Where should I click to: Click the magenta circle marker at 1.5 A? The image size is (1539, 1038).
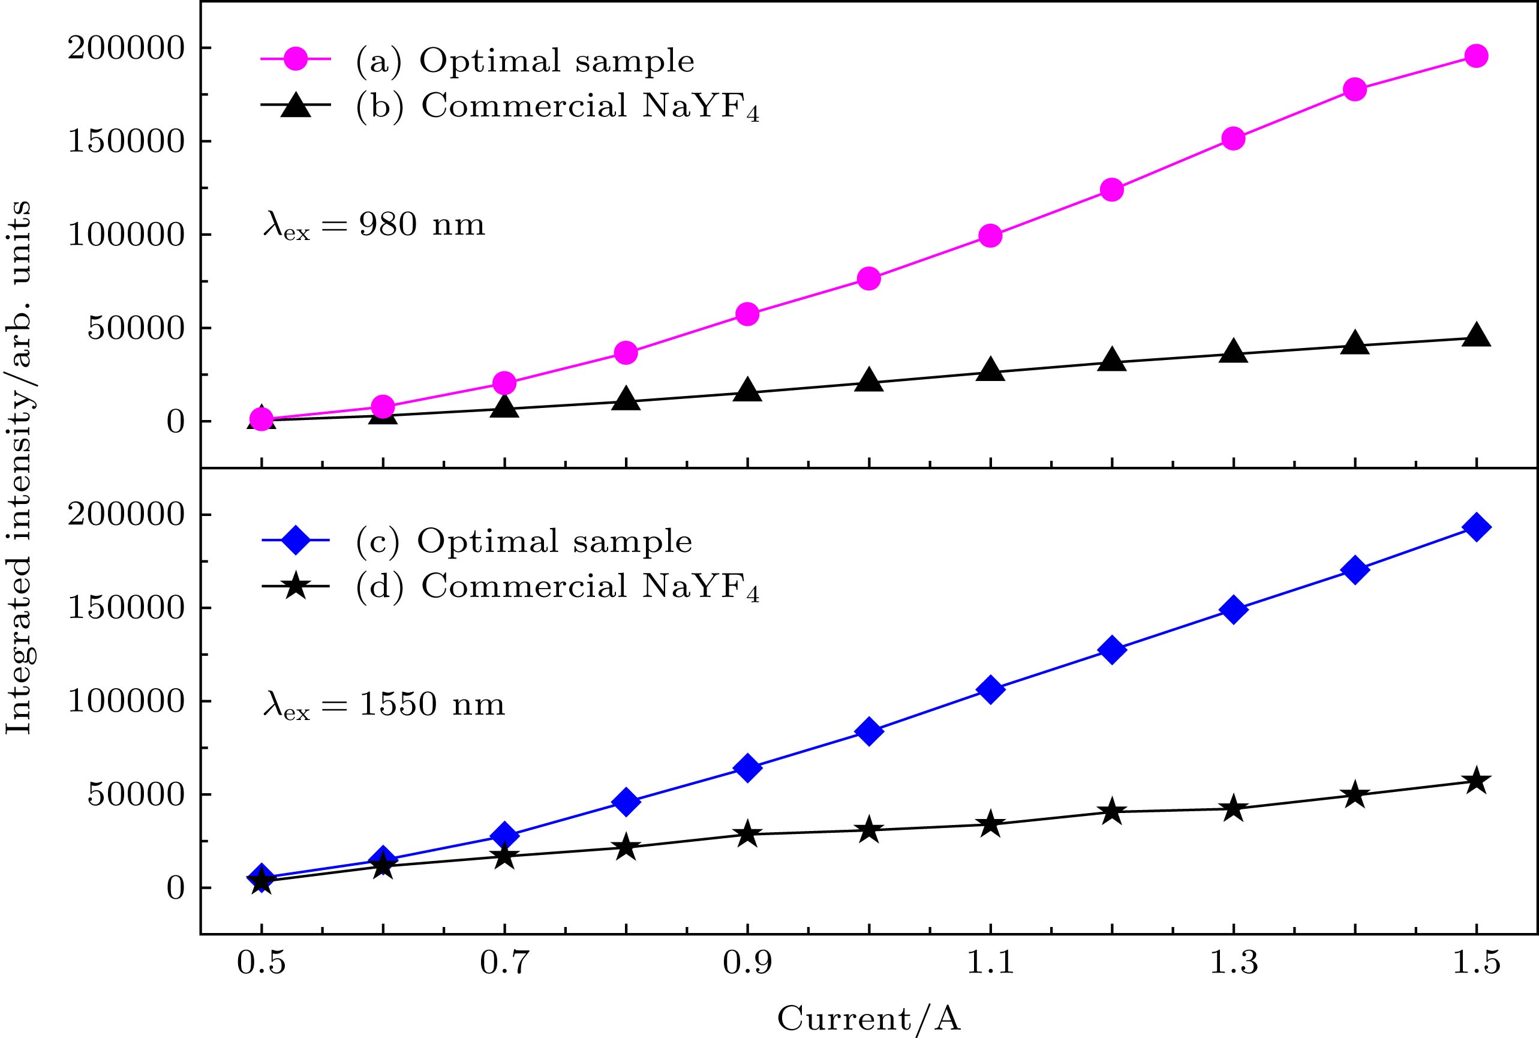coord(1475,56)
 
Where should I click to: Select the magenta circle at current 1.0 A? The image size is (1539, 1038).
coord(868,278)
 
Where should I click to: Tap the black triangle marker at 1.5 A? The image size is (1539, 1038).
coord(1475,336)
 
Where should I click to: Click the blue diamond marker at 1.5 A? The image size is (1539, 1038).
coord(1475,527)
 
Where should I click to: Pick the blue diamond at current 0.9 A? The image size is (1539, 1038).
coord(747,767)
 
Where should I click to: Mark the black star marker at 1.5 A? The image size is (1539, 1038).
coord(1475,781)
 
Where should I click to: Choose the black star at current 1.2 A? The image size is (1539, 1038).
coord(1111,812)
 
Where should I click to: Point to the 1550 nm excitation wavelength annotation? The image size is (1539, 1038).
coord(384,706)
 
